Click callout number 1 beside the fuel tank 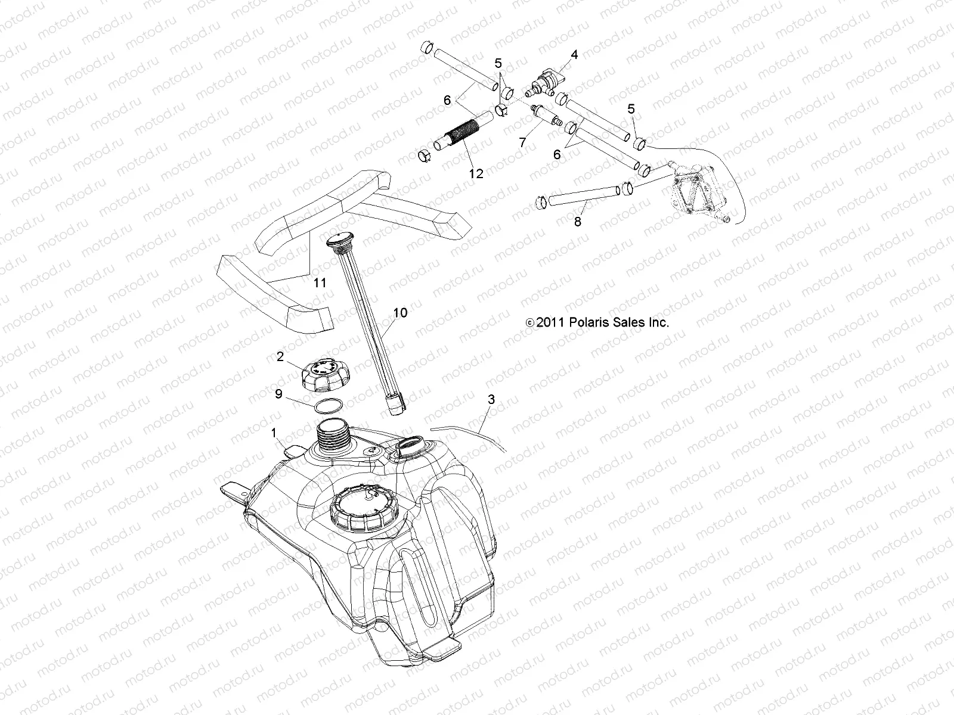[x=291, y=434]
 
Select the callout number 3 [x=491, y=399]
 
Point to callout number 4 [x=574, y=54]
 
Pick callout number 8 [x=577, y=222]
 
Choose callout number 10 [x=400, y=312]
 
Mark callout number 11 [x=320, y=282]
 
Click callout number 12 [x=476, y=173]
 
